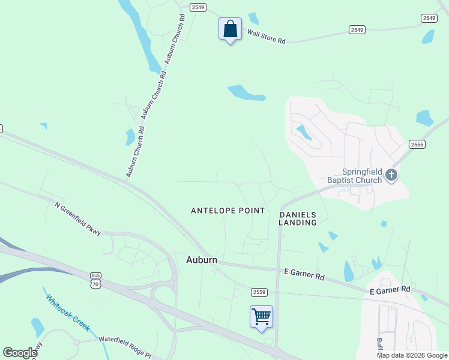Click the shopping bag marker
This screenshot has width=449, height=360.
[x=230, y=29]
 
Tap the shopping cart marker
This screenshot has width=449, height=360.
[x=261, y=317]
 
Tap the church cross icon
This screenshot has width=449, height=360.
[x=391, y=175]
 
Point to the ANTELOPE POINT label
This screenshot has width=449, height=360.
[x=228, y=211]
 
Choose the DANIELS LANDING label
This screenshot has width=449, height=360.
[x=298, y=218]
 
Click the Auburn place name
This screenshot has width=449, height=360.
[x=201, y=260]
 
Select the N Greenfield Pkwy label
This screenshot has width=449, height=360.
[x=79, y=218]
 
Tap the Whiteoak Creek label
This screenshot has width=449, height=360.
[x=68, y=312]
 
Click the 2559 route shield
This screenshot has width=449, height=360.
[x=259, y=292]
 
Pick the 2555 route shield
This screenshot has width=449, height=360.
[x=417, y=144]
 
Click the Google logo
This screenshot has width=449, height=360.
[x=20, y=352]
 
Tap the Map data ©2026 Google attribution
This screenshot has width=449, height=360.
[x=412, y=355]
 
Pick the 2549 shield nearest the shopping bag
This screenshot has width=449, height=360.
[x=198, y=7]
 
